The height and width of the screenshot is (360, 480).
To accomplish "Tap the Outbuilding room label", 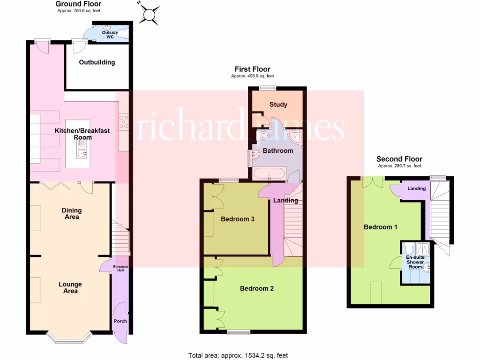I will (97, 62).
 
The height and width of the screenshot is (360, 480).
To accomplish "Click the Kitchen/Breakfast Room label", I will (82, 134).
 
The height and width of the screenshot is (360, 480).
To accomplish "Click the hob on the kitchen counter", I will (124, 122).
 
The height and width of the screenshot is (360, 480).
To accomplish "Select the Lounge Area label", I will (70, 287).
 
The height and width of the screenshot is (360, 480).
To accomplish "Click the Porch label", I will (120, 321).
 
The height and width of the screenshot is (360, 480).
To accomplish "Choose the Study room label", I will (278, 105).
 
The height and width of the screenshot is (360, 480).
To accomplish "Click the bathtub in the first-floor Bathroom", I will (269, 174).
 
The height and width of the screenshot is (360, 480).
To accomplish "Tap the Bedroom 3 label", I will (238, 219).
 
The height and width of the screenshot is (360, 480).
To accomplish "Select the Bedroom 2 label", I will (256, 288).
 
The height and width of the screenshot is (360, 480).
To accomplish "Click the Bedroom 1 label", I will (381, 227).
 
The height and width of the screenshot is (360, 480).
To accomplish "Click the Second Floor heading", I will (399, 159).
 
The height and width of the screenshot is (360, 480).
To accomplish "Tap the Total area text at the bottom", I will (241, 356).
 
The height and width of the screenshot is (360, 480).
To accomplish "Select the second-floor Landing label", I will (416, 188).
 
